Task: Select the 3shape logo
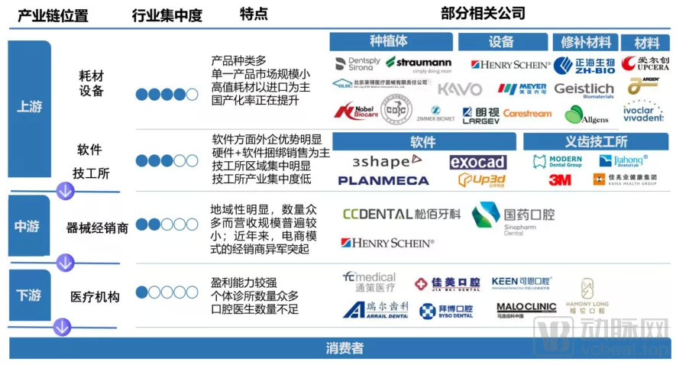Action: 386,161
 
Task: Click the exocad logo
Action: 477,162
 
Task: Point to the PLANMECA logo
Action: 383,181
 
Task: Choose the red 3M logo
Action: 560,180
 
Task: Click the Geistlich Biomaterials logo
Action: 584,90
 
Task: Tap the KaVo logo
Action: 459,89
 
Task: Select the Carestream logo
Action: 526,114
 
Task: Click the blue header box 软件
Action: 422,142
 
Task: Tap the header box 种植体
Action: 388,42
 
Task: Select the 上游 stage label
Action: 30,107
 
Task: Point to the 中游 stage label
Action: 30,226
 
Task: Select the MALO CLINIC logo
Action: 526,308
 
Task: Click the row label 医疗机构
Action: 95,296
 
